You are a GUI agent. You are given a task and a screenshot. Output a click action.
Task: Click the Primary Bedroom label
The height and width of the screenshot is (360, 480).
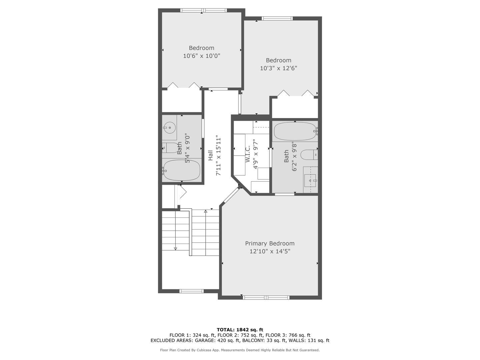point(270,243)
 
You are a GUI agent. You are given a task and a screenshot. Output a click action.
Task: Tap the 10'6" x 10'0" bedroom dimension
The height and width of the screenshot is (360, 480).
point(201,56)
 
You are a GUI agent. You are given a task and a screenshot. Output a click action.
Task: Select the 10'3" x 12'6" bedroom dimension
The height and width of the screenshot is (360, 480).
point(278,68)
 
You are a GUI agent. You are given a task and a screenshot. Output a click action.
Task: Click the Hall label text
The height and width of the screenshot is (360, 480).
point(210,155)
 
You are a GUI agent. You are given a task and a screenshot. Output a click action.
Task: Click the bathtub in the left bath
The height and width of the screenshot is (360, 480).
point(182,170)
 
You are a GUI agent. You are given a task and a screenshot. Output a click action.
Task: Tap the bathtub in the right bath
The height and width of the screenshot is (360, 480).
point(295,131)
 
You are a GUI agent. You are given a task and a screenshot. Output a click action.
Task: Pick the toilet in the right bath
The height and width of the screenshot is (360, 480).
point(309,155)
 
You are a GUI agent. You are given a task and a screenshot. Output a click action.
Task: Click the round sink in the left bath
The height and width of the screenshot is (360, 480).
point(170,127)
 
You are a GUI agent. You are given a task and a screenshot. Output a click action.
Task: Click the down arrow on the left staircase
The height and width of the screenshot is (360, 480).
point(175,248)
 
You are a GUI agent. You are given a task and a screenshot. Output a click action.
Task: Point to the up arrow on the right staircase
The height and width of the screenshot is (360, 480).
point(206,211)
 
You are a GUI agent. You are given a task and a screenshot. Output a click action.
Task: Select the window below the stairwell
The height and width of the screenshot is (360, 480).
point(191,291)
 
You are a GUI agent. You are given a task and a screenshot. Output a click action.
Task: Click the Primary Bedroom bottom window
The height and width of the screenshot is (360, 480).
point(266,297)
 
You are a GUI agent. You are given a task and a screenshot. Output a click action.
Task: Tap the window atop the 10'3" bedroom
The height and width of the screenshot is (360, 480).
point(277,18)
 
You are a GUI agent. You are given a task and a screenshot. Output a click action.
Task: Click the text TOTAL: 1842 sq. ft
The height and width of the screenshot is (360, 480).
point(240,330)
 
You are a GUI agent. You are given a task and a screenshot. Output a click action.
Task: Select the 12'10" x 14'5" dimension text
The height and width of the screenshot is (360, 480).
point(270,251)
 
